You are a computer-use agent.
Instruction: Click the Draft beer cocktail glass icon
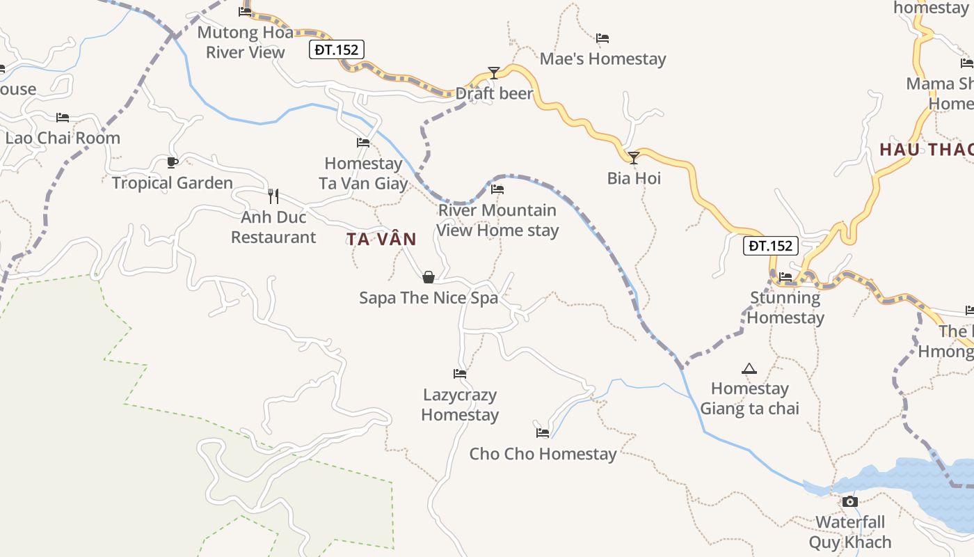click(494, 72)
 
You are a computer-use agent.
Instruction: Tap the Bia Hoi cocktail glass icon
click(634, 158)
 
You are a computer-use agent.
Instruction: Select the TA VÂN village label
click(381, 240)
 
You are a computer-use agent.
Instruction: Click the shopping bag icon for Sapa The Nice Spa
click(429, 277)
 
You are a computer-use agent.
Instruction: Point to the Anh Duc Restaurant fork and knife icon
click(273, 196)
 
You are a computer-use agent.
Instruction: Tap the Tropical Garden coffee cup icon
click(173, 162)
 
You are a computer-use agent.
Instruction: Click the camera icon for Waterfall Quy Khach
click(849, 501)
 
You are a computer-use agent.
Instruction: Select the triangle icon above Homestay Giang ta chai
click(749, 368)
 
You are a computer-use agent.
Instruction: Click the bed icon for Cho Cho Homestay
click(543, 433)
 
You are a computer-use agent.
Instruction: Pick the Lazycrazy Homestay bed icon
click(460, 374)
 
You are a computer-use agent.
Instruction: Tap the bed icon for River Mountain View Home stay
click(497, 189)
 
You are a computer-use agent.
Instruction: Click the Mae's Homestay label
click(602, 59)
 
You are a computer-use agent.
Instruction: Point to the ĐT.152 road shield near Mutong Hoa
click(337, 49)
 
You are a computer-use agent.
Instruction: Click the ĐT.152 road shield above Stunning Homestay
click(769, 246)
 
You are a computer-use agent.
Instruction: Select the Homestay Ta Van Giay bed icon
click(363, 143)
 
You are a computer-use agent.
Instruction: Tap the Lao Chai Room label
click(63, 138)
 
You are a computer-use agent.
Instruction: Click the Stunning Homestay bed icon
click(785, 277)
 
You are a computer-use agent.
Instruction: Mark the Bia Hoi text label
click(634, 178)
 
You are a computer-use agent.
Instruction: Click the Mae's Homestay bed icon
click(602, 38)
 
